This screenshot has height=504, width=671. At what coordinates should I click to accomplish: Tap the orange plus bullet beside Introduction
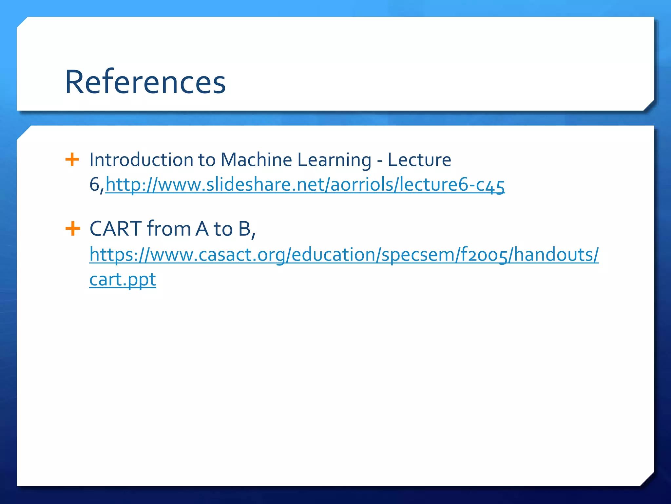(72, 160)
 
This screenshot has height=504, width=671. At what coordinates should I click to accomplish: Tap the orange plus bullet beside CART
(73, 228)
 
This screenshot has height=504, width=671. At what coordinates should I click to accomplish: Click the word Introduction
(141, 160)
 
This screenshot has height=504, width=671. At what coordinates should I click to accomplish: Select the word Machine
(256, 160)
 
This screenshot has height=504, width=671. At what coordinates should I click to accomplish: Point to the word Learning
(334, 160)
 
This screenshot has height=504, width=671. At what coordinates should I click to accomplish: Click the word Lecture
(419, 160)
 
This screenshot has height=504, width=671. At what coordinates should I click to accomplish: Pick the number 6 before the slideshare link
(94, 184)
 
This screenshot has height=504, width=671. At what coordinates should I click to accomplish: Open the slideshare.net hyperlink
(305, 185)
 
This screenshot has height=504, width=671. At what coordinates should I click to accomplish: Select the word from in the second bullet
(169, 228)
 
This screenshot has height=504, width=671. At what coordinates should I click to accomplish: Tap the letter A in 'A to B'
(202, 229)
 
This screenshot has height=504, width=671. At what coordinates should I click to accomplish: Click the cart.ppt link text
(123, 280)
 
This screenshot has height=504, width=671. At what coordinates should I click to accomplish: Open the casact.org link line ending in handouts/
(344, 255)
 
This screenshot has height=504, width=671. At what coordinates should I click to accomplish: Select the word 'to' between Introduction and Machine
(206, 160)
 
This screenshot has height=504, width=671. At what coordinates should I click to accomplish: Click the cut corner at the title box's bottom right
(649, 105)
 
